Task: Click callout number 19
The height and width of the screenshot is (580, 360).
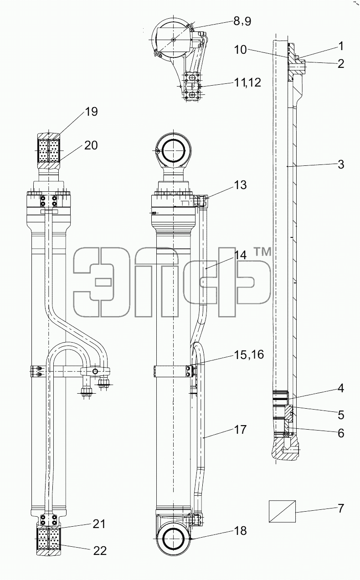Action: [x=92, y=112]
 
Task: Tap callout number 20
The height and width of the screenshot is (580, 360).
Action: [x=91, y=145]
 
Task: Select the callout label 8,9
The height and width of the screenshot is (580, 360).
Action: [x=242, y=21]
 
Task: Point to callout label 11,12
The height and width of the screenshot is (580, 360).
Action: [x=247, y=82]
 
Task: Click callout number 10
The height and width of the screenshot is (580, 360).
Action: [x=240, y=50]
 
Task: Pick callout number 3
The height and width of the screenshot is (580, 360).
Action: [x=341, y=164]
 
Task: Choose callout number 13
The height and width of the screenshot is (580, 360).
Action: [x=240, y=185]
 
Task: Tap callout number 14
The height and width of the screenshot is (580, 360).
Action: [x=240, y=255]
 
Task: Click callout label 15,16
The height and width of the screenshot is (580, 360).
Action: [x=249, y=354]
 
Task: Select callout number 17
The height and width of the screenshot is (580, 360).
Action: [x=240, y=430]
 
